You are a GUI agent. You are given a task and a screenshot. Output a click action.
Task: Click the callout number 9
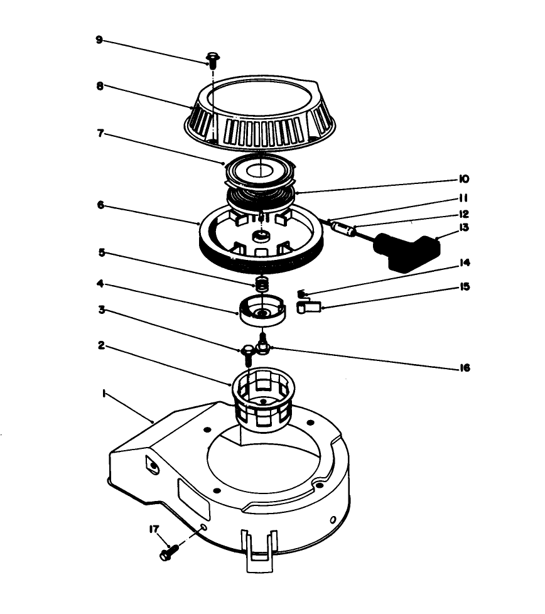(x=99, y=39)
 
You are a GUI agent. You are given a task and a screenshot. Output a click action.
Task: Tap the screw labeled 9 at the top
(x=212, y=60)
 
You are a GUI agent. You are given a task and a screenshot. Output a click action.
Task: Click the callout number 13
(x=465, y=228)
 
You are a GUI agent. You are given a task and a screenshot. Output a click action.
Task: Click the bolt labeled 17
(x=169, y=553)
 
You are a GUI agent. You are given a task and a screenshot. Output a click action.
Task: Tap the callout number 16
(x=465, y=369)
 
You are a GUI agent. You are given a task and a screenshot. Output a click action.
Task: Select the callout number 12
(x=465, y=213)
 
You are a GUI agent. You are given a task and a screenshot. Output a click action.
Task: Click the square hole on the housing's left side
(x=153, y=465)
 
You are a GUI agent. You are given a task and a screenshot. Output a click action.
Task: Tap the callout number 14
(x=465, y=262)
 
